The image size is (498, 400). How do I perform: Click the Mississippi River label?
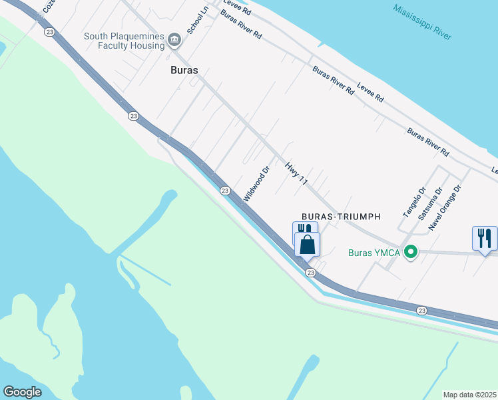pos(422,21)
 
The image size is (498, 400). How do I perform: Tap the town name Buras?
pos(184,69)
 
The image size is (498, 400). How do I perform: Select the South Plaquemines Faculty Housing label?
pos(124,41)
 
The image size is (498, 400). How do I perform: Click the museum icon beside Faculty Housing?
pos(175,41)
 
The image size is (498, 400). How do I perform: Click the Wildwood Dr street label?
pos(256,184)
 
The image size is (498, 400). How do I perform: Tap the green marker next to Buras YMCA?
pos(411,252)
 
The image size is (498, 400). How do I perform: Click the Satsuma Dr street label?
pos(429,204)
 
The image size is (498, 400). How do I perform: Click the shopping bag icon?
pos(307,245)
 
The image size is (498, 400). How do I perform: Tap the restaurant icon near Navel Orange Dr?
pos(485,238)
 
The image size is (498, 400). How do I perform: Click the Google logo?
pos(23,392)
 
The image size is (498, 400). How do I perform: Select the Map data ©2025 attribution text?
pos(469,395)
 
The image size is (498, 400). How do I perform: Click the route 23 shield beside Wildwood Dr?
pos(225,191)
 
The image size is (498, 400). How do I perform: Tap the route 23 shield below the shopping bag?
pos(310,273)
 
